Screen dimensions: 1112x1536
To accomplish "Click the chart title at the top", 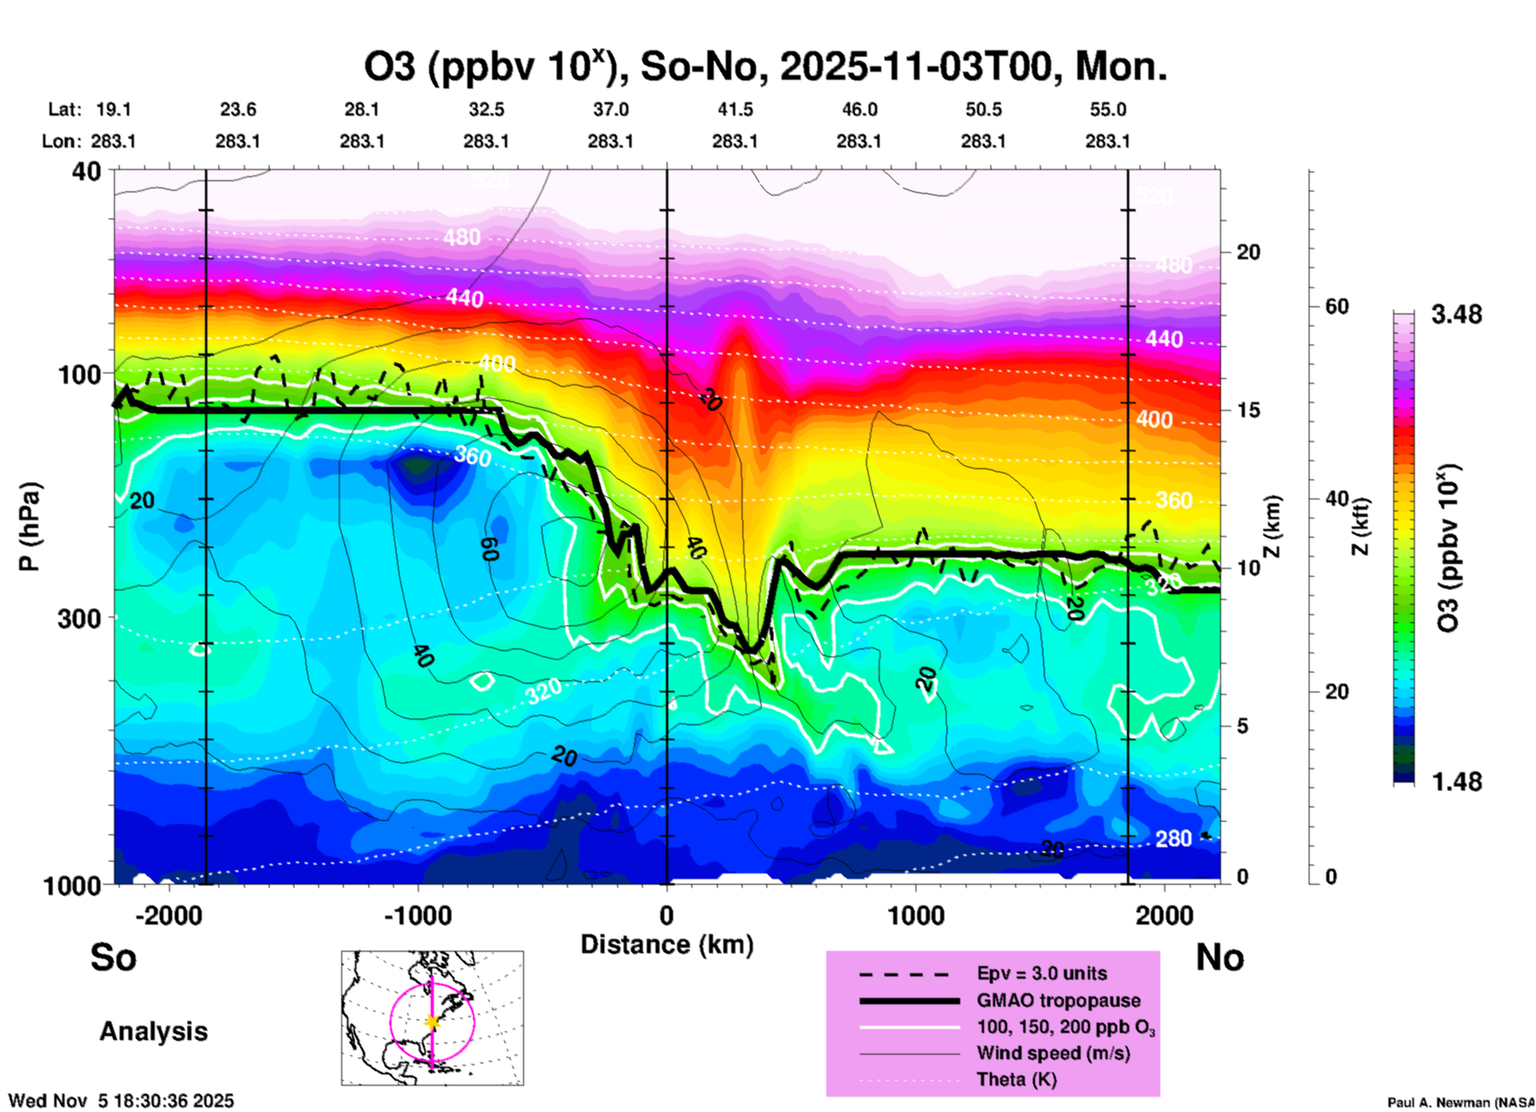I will pyautogui.click(x=766, y=67).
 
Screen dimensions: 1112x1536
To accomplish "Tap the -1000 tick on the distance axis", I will pyautogui.click(x=418, y=916).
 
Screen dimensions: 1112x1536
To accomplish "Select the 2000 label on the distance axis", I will pyautogui.click(x=1165, y=916).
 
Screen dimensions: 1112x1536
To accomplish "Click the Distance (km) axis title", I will pyautogui.click(x=667, y=944).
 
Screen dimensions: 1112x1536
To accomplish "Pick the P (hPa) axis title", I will pyautogui.click(x=30, y=526).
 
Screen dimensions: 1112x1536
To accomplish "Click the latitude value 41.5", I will pyautogui.click(x=735, y=110).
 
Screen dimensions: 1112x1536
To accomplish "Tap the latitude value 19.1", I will pyautogui.click(x=113, y=110).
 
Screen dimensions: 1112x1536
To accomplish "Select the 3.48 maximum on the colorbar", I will pyautogui.click(x=1456, y=315).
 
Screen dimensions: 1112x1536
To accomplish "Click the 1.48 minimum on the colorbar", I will pyautogui.click(x=1456, y=782).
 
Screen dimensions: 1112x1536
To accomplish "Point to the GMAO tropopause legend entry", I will pyautogui.click(x=1058, y=1000).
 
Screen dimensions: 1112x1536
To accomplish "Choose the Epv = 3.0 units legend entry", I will pyautogui.click(x=1042, y=974).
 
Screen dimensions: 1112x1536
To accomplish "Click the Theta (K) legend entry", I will pyautogui.click(x=1016, y=1080).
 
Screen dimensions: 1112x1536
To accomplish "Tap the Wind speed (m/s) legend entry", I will pyautogui.click(x=1053, y=1054).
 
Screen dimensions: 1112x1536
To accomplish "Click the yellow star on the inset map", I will pyautogui.click(x=432, y=1022).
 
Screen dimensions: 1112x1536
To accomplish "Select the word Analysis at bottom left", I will pyautogui.click(x=153, y=1031).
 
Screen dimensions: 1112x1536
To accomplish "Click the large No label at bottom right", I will pyautogui.click(x=1219, y=957).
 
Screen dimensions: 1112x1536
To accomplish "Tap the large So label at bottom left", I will pyautogui.click(x=113, y=957).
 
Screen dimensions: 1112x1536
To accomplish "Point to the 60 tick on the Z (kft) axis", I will pyautogui.click(x=1337, y=307).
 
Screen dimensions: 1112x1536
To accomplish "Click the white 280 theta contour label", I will pyautogui.click(x=1174, y=838).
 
